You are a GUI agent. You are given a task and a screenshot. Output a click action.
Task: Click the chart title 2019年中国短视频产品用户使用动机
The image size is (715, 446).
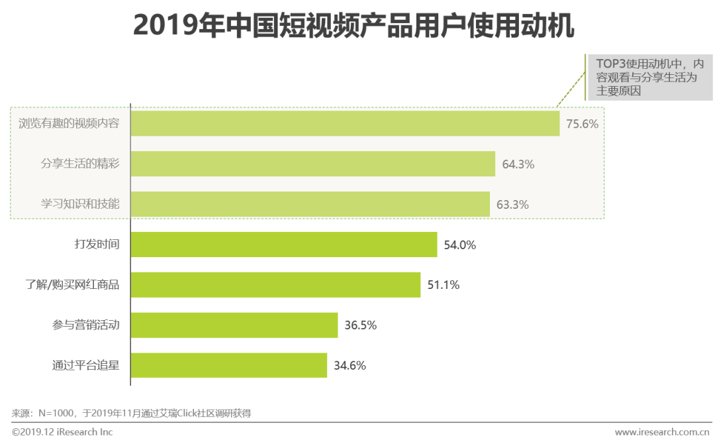pos(354,26)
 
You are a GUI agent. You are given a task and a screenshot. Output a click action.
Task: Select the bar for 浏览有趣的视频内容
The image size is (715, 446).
pos(345,123)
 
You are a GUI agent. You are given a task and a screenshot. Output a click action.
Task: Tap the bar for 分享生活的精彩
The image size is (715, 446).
pos(312,164)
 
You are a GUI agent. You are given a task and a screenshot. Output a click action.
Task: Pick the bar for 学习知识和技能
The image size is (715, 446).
pos(310,204)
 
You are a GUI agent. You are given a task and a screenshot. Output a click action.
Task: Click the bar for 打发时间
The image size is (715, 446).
pos(283,245)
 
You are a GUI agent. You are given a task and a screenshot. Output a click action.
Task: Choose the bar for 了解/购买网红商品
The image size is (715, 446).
pos(275,285)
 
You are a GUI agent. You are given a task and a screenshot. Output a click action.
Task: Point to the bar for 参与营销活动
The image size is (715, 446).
pos(234,325)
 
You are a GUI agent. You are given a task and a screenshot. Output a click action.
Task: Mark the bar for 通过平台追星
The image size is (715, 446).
pos(228,365)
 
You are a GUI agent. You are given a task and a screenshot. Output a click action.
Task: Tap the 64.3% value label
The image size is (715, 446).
pos(518,164)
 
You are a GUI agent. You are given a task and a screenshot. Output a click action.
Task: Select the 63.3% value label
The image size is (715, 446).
pos(512,205)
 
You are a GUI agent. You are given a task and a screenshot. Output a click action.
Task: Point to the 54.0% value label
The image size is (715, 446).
pos(459,245)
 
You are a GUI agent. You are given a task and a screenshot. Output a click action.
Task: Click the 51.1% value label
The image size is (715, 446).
pos(443,286)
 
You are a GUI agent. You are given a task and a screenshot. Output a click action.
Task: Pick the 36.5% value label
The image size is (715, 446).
pos(360,325)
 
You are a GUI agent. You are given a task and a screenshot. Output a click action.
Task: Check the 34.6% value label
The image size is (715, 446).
pos(350,366)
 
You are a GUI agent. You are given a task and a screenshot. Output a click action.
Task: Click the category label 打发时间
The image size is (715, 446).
pos(97,245)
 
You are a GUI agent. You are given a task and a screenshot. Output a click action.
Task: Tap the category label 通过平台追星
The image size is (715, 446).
pos(86,365)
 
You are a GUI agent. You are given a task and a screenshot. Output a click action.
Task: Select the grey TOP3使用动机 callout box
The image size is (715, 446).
pos(649,78)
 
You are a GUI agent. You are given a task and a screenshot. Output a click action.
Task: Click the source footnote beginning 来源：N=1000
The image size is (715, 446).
pos(131,414)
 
